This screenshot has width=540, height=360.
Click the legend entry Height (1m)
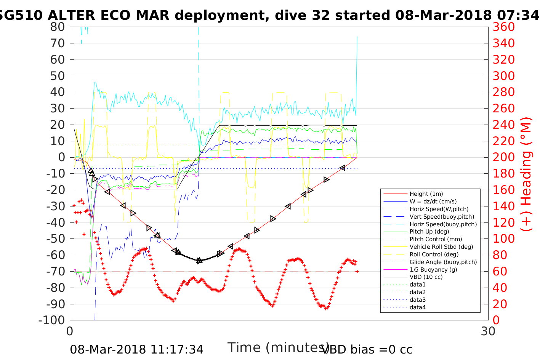426,194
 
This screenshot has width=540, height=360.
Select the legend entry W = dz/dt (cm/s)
433,202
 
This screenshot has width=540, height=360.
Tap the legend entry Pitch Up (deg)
429,232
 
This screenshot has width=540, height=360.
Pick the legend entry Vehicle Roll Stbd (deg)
441,247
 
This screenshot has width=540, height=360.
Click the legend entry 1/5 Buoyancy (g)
433,269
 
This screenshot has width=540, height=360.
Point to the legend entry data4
417,307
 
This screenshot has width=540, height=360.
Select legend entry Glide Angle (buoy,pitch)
443,262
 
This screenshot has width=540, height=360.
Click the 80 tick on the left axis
58,27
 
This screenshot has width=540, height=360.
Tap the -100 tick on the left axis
52,320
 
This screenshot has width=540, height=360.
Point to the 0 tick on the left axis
61,157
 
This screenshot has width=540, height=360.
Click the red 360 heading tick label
503,27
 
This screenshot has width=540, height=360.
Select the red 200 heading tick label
503,157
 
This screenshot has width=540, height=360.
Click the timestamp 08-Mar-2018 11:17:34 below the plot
136,349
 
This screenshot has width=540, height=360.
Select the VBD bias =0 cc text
367,349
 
